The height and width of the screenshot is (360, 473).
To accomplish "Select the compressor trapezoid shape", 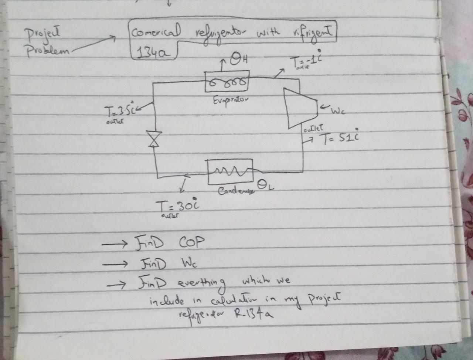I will [x=300, y=108].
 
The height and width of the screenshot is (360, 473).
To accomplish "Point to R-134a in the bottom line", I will [x=252, y=314].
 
